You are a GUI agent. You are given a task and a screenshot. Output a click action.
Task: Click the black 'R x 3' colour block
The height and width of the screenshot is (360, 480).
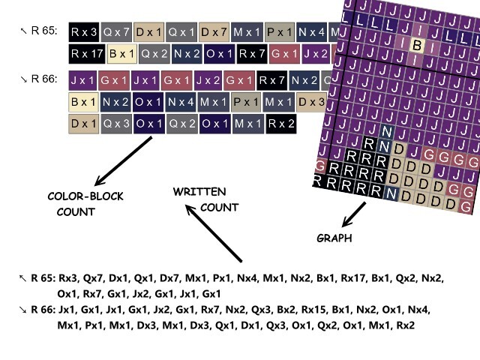(x=82, y=32)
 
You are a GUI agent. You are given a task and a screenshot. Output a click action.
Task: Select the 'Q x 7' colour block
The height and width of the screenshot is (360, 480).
(x=116, y=32)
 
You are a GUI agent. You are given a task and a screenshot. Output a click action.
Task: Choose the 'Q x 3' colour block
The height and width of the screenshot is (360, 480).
(x=116, y=124)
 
